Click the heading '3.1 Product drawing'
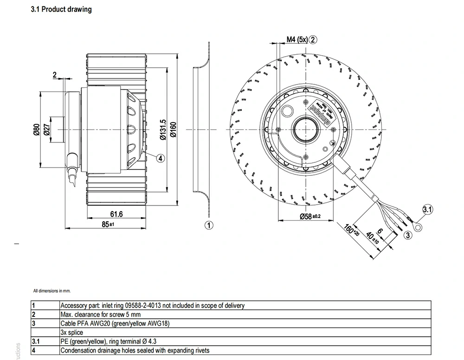pyautogui.click(x=61, y=9)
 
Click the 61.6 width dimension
pyautogui.click(x=116, y=214)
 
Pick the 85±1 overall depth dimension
pyautogui.click(x=108, y=224)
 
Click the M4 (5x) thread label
pyautogui.click(x=296, y=40)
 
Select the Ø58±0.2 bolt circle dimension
pyautogui.click(x=308, y=217)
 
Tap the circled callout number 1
pyautogui.click(x=209, y=225)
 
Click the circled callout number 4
pyautogui.click(x=160, y=158)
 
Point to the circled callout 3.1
pyautogui.click(x=427, y=210)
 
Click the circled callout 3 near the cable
pyautogui.click(x=408, y=235)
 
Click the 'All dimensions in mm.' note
pyautogui.click(x=52, y=291)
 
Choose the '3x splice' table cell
pyautogui.click(x=73, y=333)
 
